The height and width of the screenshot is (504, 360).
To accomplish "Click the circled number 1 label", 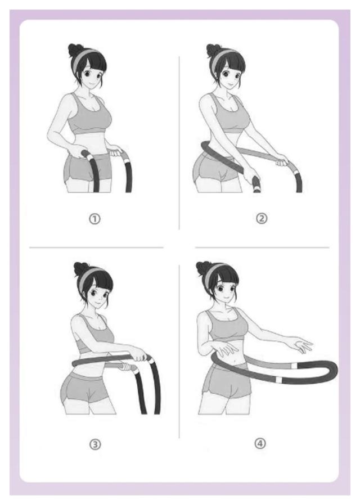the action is pyautogui.click(x=94, y=219).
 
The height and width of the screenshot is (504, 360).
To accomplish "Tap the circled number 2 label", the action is pyautogui.click(x=262, y=219).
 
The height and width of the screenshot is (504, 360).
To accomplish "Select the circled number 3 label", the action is pyautogui.click(x=95, y=444).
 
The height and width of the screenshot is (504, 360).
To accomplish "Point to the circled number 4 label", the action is pyautogui.click(x=260, y=444).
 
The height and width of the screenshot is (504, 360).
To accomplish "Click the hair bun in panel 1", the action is pyautogui.click(x=76, y=50).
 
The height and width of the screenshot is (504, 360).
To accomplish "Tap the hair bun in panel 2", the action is pyautogui.click(x=214, y=50).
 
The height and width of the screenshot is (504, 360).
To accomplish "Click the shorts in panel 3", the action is pyautogui.click(x=85, y=388).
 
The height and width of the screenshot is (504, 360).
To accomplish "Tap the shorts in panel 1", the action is pyautogui.click(x=87, y=168).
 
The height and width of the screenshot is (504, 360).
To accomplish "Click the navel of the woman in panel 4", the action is pyautogui.click(x=237, y=364).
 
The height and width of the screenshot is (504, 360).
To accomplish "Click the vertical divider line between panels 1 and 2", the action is pyautogui.click(x=179, y=143).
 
